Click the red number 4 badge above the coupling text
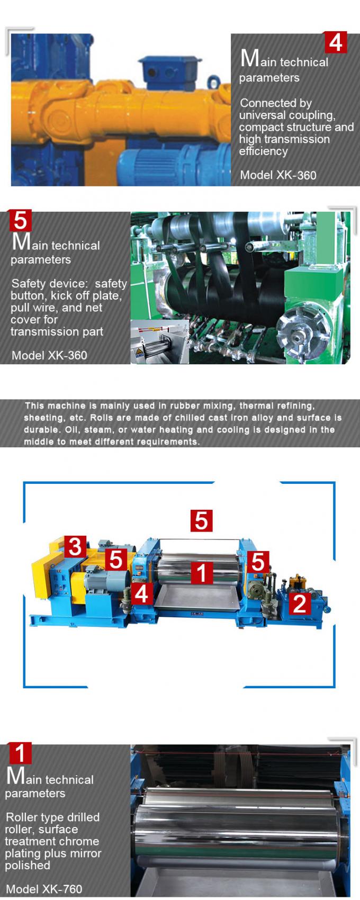pos(335,42)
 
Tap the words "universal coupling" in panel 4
pos(286,115)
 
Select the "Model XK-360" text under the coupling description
pos(278,175)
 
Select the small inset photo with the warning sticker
pos(159,342)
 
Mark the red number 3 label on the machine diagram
pos(75,546)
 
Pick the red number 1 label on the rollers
pos(201,573)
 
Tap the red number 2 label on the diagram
pos(300,603)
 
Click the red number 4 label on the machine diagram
pos(141,594)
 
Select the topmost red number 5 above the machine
pos(201,520)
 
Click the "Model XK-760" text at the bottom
pos(44,889)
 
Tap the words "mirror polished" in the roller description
pos(53,859)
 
